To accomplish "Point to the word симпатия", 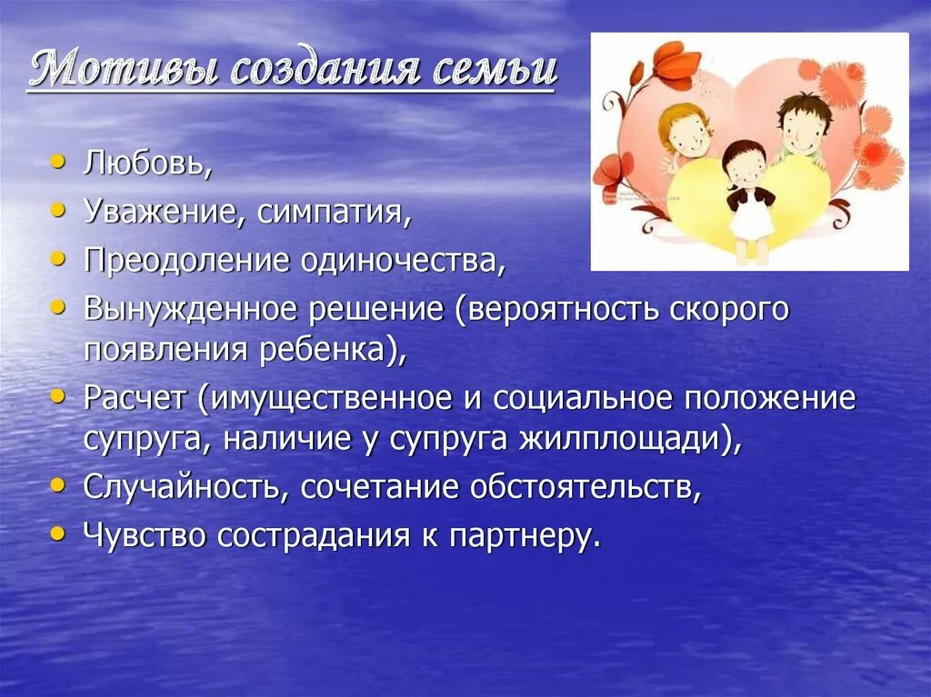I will pyautogui.click(x=335, y=213).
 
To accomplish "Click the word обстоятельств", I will pyautogui.click(x=586, y=487).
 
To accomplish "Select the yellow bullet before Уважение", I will pyautogui.click(x=58, y=209).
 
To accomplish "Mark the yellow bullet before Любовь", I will pyautogui.click(x=58, y=162).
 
